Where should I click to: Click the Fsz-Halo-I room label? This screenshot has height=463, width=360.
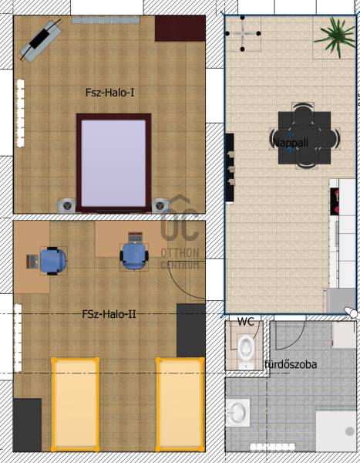click(109, 93)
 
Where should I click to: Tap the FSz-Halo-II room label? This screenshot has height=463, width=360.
click(109, 314)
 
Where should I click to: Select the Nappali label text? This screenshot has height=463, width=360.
click(291, 143)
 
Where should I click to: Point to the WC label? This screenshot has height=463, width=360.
click(245, 321)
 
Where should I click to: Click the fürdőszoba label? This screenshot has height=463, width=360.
click(291, 364)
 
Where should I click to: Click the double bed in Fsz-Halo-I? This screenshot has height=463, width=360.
click(113, 163)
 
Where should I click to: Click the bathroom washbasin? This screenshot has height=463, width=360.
click(237, 413)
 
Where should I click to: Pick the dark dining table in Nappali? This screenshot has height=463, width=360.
click(304, 137)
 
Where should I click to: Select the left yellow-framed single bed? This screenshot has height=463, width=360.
click(76, 404)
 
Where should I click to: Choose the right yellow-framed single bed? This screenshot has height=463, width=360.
click(180, 404)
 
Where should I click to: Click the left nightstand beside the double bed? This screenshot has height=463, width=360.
click(67, 205)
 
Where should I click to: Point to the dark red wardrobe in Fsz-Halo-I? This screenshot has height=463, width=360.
click(180, 29)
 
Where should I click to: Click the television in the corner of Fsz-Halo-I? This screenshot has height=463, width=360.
click(40, 40)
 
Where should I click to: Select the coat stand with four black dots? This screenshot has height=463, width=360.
click(243, 33)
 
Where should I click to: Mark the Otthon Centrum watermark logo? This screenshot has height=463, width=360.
click(180, 231)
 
